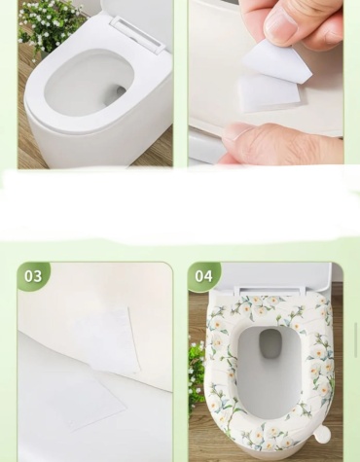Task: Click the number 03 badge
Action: click(x=33, y=276)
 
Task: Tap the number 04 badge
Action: click(x=203, y=276)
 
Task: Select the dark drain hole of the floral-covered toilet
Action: click(x=270, y=343)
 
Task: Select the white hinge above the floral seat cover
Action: click(x=272, y=291)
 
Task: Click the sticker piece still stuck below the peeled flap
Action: click(x=270, y=94)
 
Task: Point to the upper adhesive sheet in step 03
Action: click(x=110, y=338)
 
